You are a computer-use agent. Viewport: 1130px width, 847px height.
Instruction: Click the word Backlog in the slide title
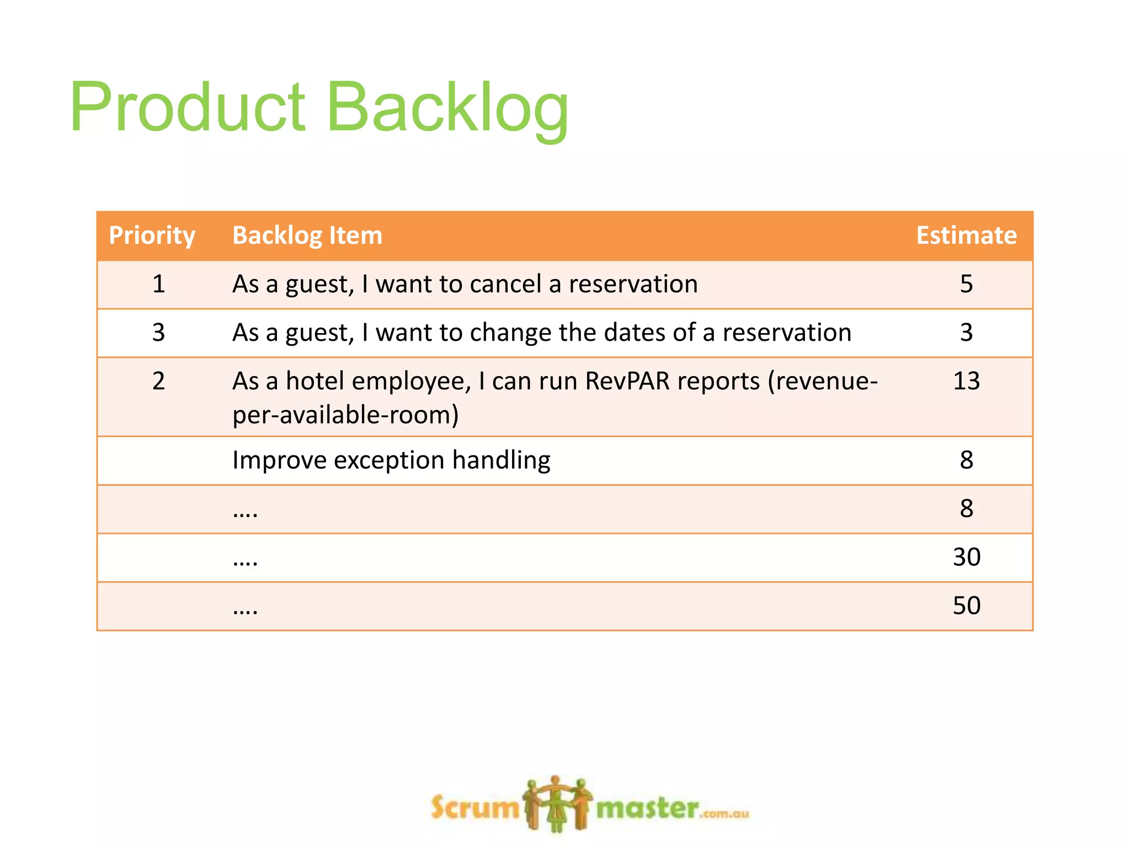(447, 108)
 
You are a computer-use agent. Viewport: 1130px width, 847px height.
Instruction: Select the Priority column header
(152, 235)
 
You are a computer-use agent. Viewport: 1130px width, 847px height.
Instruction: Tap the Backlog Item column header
(307, 235)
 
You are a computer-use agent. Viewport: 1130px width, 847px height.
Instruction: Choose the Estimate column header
(966, 235)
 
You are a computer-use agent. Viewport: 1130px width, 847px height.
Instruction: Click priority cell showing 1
(158, 285)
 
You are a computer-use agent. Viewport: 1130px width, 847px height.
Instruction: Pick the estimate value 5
(966, 285)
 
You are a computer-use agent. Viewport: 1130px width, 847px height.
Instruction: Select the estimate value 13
(966, 381)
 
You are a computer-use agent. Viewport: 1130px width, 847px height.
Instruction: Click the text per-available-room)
(345, 415)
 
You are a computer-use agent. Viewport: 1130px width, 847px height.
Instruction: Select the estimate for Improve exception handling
(966, 460)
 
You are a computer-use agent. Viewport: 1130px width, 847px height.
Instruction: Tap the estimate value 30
(966, 557)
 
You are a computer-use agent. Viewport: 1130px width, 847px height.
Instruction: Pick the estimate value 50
(966, 606)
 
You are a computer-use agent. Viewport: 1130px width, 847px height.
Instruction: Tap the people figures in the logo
(557, 803)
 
